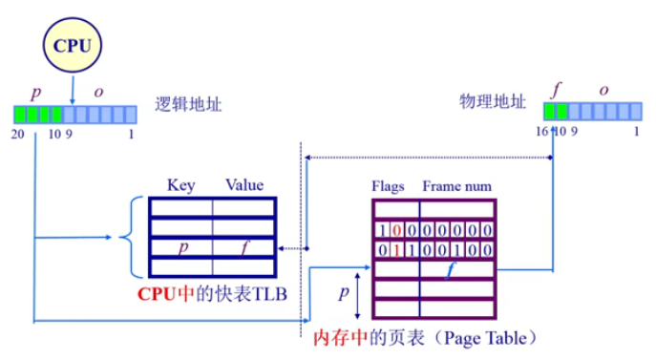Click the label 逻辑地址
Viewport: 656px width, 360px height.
coord(188,105)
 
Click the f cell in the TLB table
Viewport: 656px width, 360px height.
coord(244,247)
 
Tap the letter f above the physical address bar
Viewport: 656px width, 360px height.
coord(557,91)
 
